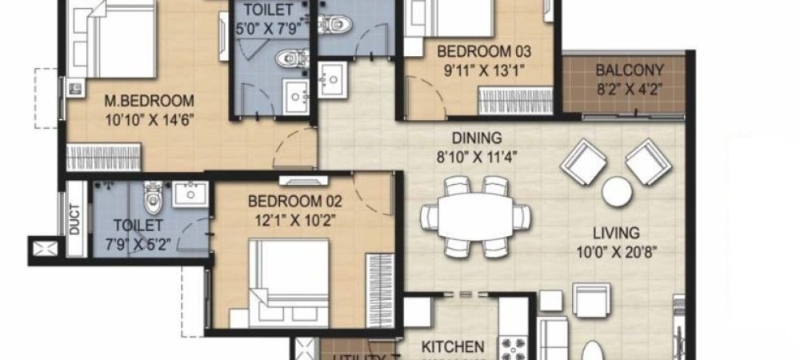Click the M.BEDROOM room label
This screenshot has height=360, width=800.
150,102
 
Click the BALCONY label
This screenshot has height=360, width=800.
628,70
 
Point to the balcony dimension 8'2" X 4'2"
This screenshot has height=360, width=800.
628,89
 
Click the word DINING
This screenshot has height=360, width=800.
476,138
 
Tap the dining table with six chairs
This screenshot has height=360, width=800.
475,215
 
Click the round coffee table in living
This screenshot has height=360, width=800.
617,192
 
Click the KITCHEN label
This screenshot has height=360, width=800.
452,347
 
